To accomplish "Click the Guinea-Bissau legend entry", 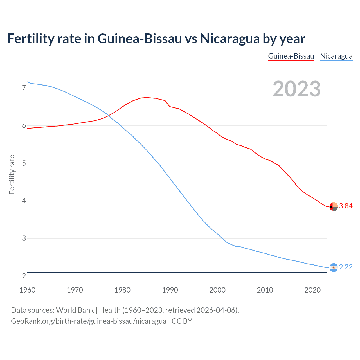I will click(291, 56).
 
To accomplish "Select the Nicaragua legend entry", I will click(336, 56).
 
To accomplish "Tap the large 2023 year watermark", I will click(296, 89).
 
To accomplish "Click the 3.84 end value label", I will click(346, 206).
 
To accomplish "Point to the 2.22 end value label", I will click(346, 267).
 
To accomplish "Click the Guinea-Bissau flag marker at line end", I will click(333, 206).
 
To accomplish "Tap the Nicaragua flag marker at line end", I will click(333, 267).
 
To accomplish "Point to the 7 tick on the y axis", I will click(24, 88).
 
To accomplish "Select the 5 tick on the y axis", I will click(24, 163).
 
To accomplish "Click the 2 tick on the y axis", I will click(24, 276).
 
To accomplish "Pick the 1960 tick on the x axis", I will click(27, 290).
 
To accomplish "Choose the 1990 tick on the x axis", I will click(170, 290).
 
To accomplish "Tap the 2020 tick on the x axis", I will click(312, 290).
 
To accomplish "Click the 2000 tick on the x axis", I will click(217, 290).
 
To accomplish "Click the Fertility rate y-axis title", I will click(12, 174).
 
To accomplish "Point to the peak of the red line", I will click(146, 97).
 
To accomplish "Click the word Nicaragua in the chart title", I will click(230, 39).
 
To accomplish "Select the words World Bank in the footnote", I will click(75, 310).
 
